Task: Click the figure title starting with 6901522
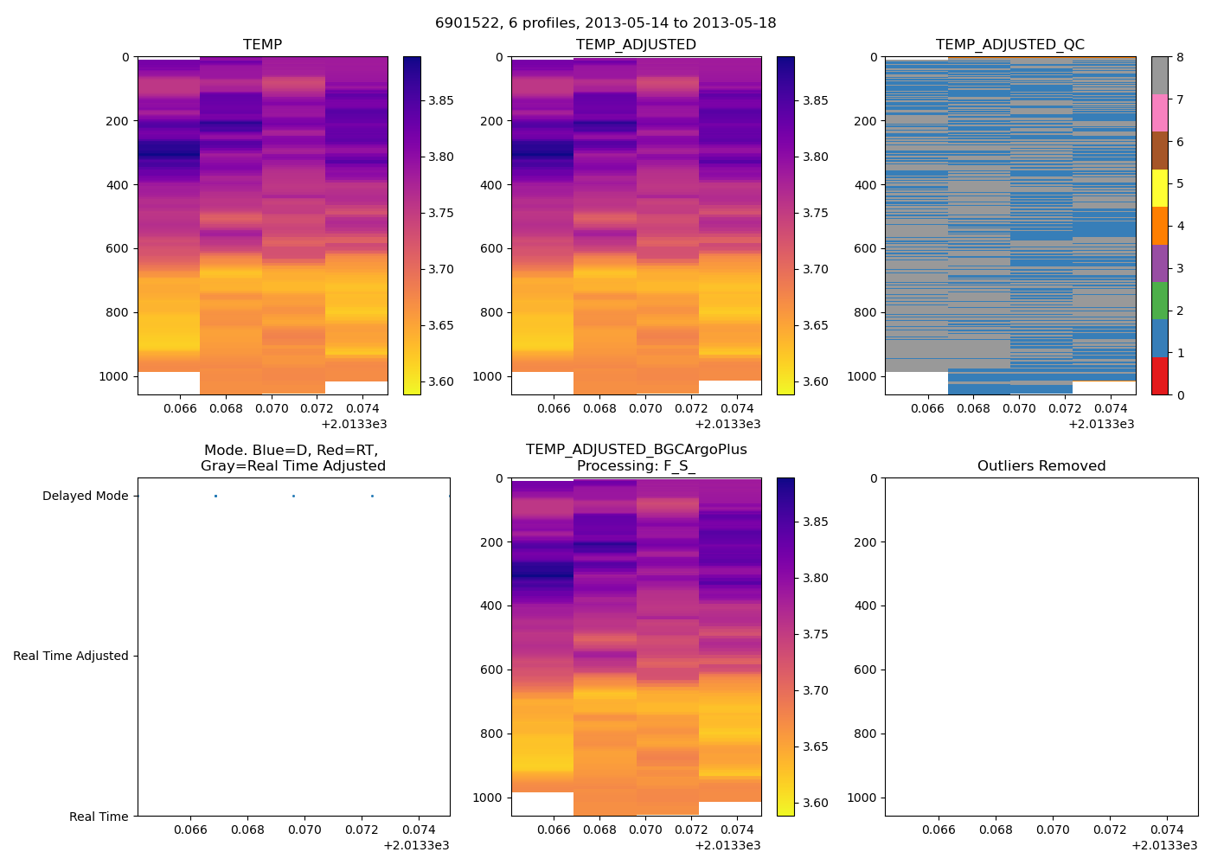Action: click(x=605, y=23)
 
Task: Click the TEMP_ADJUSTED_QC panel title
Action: click(x=1009, y=45)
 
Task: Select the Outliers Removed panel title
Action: click(x=1041, y=466)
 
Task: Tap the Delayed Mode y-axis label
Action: click(x=85, y=497)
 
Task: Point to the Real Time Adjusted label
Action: click(x=70, y=657)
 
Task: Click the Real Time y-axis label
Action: click(x=99, y=817)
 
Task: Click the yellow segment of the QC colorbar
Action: click(x=1159, y=189)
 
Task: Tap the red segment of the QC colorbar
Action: click(x=1159, y=376)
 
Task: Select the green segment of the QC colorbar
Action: click(x=1159, y=301)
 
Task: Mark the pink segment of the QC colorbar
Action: click(x=1159, y=113)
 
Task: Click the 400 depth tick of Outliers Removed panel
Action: click(x=866, y=605)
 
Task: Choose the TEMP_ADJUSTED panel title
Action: click(x=636, y=45)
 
